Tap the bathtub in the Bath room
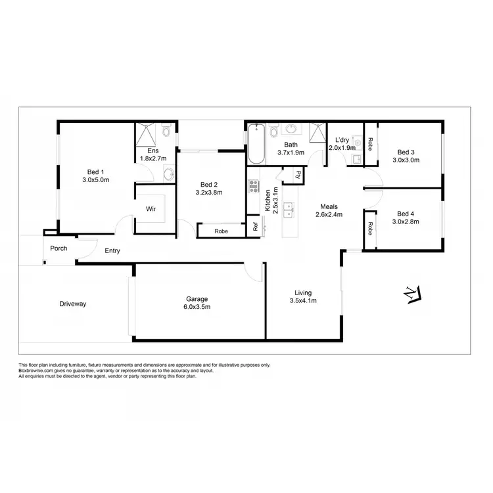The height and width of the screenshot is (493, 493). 256,144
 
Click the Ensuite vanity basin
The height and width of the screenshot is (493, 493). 168,174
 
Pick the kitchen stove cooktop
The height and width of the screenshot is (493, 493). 253,186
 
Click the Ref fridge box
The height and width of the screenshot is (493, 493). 255,227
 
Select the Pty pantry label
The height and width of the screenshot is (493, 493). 298,175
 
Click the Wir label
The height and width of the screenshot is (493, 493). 151,209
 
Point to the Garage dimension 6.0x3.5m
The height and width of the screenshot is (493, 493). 196,307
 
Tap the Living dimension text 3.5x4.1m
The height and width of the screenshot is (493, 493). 303,302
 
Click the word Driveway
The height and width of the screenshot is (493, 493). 73,304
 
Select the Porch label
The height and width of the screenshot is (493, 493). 59,248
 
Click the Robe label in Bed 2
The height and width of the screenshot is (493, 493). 221,231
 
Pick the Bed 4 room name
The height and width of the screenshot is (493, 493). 406,213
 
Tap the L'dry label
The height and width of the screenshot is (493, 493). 342,139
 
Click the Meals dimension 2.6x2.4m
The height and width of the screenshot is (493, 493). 329,214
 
